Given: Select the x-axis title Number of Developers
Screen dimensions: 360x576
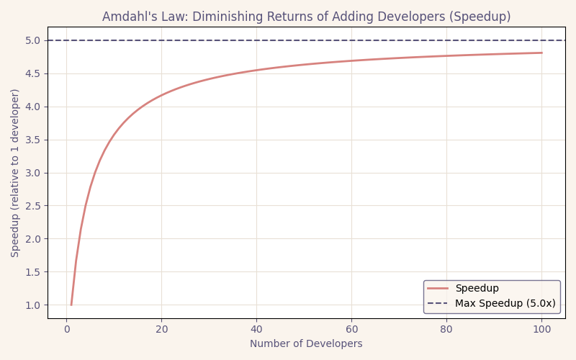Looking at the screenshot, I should click(306, 344).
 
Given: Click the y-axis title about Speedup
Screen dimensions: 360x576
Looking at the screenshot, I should click(16, 173).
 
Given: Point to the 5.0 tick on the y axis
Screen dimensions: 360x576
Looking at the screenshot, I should click(32, 40).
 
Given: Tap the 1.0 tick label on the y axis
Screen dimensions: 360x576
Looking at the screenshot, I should click(32, 305).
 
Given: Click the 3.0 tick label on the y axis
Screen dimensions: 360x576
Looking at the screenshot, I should click(32, 173).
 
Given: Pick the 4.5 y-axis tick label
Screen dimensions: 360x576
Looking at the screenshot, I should click(32, 73).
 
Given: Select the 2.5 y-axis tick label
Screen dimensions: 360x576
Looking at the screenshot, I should click(32, 206).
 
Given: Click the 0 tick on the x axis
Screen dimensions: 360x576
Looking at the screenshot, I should click(67, 330).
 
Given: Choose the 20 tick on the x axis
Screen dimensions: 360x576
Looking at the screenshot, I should click(161, 330).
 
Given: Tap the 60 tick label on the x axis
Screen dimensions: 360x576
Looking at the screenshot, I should click(351, 330).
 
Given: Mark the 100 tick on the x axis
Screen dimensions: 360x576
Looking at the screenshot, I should click(541, 330).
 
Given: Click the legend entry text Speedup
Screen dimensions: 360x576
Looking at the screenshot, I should click(477, 289).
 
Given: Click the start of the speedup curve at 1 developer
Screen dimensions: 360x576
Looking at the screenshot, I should click(71, 305).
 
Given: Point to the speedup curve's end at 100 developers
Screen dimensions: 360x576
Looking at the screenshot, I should click(541, 53).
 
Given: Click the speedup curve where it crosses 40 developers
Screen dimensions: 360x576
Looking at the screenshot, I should click(256, 71).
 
